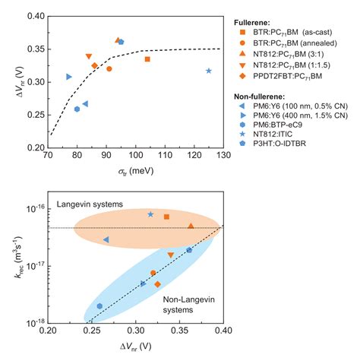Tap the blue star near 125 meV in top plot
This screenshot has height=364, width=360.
tap(209, 71)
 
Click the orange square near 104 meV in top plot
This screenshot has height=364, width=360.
tap(147, 59)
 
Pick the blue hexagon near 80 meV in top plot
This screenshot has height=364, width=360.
tap(77, 109)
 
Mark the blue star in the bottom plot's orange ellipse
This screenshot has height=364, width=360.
tap(150, 214)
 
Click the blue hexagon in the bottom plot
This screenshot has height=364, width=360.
tap(99, 306)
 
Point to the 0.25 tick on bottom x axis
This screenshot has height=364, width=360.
tap(92, 331)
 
